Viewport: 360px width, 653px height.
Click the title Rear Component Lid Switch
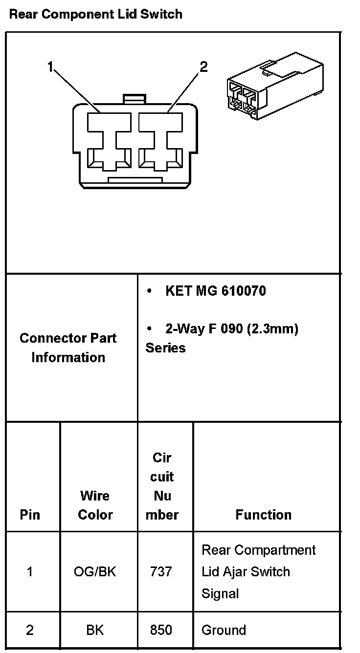[96, 14]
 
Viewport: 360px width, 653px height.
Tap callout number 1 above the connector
[50, 66]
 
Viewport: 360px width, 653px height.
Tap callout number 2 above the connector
[204, 66]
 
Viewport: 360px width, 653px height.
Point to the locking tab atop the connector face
[134, 99]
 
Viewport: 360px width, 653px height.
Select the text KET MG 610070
[216, 291]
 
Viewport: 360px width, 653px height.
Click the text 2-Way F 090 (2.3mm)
[231, 329]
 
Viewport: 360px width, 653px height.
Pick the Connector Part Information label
[68, 348]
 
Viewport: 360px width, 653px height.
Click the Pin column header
[30, 515]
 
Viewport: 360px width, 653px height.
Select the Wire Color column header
[95, 505]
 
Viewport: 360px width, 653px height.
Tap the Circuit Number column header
[162, 486]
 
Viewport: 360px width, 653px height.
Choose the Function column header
[263, 515]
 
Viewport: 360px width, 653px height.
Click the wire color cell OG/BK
[95, 571]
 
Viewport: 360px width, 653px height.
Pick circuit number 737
[161, 571]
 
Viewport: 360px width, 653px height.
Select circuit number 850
[161, 631]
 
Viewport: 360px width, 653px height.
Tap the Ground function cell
[224, 631]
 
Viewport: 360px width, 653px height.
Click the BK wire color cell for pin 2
[95, 631]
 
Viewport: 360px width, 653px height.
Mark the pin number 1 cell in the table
[30, 571]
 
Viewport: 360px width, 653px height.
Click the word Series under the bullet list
[165, 348]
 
